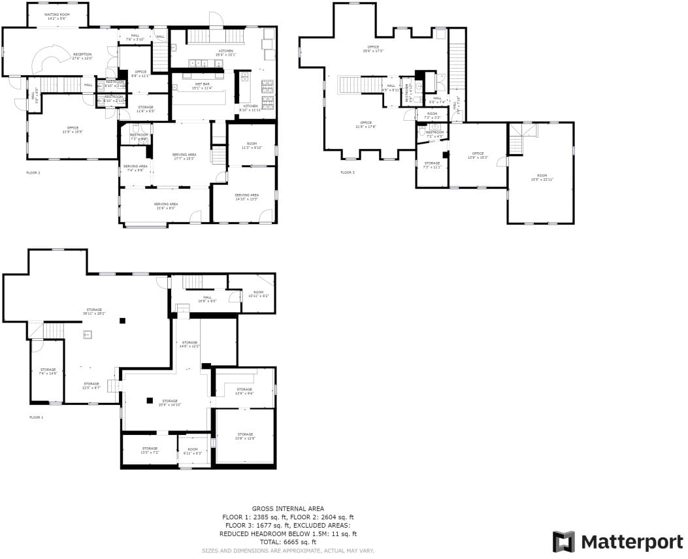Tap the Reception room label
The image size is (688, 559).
82,56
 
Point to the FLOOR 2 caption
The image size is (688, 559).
33,172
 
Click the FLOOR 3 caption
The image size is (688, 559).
347,172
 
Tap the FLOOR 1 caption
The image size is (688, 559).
36,417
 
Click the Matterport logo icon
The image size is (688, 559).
564,541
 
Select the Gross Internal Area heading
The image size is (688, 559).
288,508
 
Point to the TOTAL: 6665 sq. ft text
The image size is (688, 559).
288,541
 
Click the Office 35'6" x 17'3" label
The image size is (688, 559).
373,48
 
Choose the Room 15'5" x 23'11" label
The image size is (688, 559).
541,177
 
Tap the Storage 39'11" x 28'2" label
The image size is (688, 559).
94,311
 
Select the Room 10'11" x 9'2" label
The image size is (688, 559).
258,294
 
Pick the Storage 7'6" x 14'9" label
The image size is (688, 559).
48,371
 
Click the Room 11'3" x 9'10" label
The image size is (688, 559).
252,146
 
